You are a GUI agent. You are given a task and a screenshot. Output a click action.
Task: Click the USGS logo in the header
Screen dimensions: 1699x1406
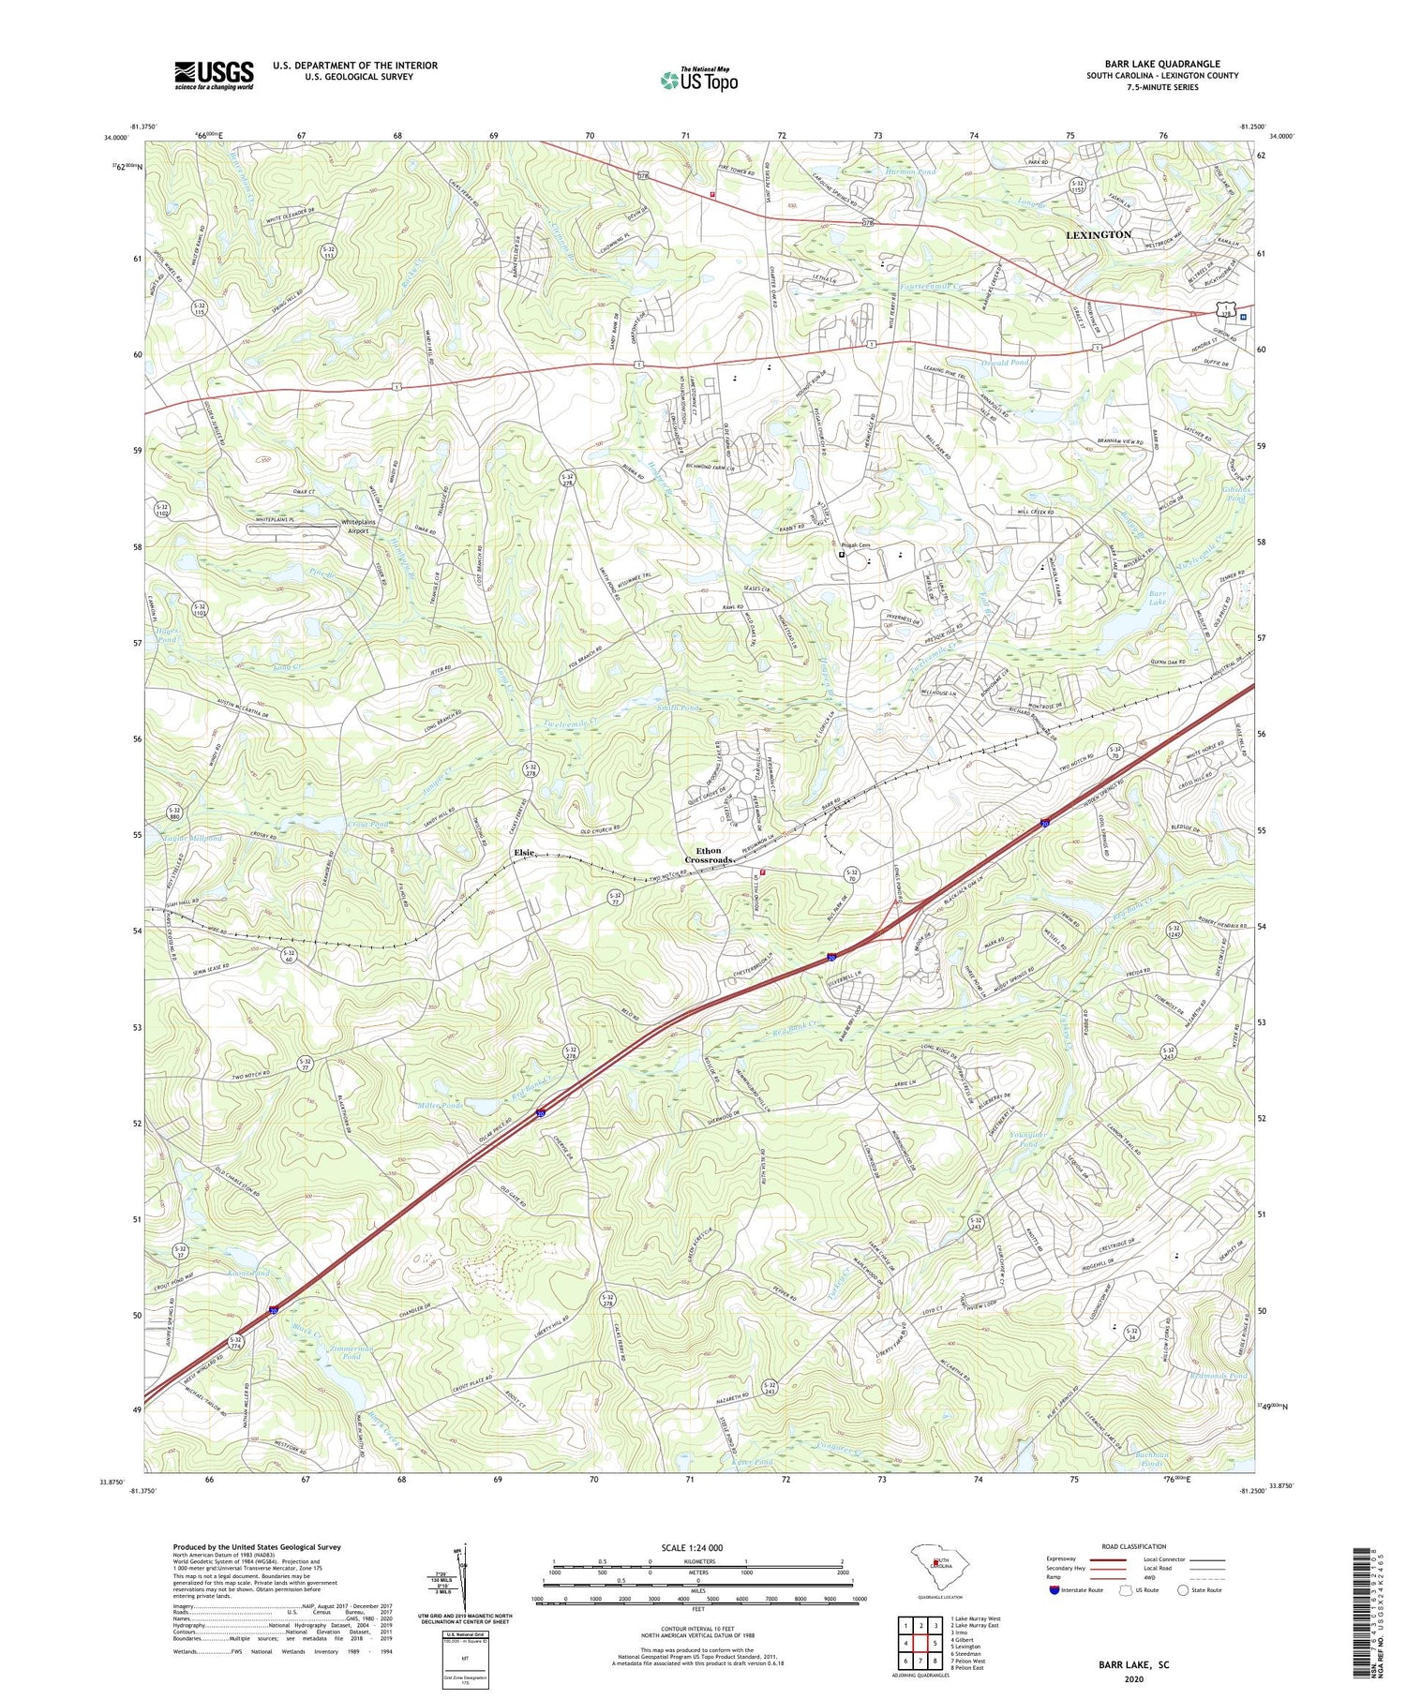coord(214,75)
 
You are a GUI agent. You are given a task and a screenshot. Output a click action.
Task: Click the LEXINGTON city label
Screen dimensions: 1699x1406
coord(1098,234)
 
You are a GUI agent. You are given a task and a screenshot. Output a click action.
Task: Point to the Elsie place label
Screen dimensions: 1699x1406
coord(524,852)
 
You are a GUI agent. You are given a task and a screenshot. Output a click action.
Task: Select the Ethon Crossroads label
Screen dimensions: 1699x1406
coord(708,855)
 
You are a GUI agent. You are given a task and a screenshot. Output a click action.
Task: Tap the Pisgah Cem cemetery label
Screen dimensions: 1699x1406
coord(856,544)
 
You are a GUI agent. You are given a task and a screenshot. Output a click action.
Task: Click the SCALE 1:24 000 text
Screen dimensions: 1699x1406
coord(697,1547)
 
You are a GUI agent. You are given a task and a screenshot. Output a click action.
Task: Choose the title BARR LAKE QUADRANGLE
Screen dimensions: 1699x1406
coord(1161,64)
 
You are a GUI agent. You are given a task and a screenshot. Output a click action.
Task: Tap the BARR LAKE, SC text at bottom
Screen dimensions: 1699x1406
coord(1133,1665)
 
